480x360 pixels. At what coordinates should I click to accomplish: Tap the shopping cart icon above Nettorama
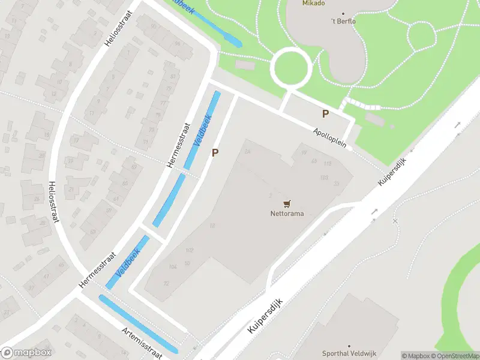pyautogui.click(x=287, y=204)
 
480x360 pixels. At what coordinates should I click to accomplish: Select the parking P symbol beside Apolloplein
pyautogui.click(x=326, y=113)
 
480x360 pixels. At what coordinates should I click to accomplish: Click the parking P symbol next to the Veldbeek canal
pyautogui.click(x=214, y=153)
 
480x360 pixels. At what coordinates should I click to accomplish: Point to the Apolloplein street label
pyautogui.click(x=330, y=140)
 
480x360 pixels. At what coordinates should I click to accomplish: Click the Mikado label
pyautogui.click(x=313, y=3)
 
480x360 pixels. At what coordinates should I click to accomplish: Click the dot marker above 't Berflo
pyautogui.click(x=343, y=13)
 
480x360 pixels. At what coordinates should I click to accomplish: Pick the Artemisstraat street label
pyautogui.click(x=142, y=343)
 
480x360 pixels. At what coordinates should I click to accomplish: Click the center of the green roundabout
pyautogui.click(x=291, y=67)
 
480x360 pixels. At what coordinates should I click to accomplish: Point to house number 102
pyautogui.click(x=190, y=250)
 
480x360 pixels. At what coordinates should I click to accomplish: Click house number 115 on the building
pyautogui.click(x=327, y=164)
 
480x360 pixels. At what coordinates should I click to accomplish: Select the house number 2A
pyautogui.click(x=247, y=152)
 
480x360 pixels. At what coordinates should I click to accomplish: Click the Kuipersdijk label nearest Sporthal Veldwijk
pyautogui.click(x=265, y=317)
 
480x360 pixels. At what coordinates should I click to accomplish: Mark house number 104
pyautogui.click(x=173, y=266)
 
